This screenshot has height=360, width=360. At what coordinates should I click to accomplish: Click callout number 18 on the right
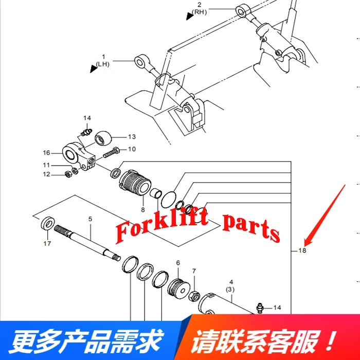(302, 250)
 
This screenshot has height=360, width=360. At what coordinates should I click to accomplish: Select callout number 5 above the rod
(90, 219)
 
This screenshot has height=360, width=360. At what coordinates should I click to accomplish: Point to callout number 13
(132, 137)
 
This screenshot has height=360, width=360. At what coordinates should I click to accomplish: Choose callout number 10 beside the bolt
(132, 149)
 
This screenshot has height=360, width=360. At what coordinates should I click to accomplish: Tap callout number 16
(46, 153)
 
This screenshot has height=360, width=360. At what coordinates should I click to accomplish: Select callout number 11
(46, 165)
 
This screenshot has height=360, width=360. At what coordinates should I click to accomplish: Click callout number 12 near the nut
(46, 174)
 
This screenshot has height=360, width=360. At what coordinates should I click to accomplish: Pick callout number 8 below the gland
(143, 210)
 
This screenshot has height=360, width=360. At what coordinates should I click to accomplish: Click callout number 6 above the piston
(178, 263)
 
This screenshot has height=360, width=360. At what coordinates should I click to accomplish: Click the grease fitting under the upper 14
(85, 132)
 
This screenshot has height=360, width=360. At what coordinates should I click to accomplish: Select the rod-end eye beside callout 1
(140, 63)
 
